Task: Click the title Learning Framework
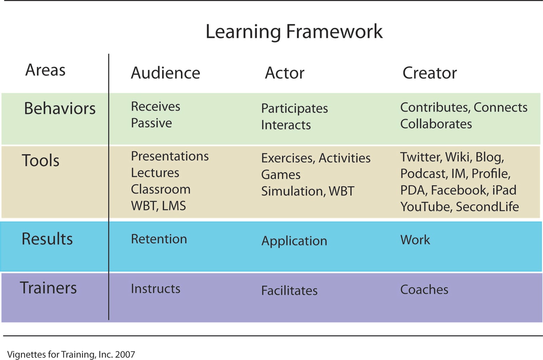[x=294, y=32]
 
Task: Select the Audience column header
[x=165, y=73]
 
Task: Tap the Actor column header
[x=285, y=73]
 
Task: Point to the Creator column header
[x=430, y=73]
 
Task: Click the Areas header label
[x=45, y=70]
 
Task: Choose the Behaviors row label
[x=60, y=108]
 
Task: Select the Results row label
[x=47, y=239]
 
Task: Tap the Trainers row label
[x=48, y=288]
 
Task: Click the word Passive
[x=151, y=123]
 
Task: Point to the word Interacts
[x=286, y=125]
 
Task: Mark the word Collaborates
[x=436, y=124]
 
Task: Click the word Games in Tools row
[x=281, y=174]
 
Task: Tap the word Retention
[x=159, y=239]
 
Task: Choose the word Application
[x=294, y=241]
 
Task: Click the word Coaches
[x=424, y=289]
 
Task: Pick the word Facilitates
[x=289, y=290]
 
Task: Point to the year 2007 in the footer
[x=125, y=355]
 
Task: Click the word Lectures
[x=155, y=173]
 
